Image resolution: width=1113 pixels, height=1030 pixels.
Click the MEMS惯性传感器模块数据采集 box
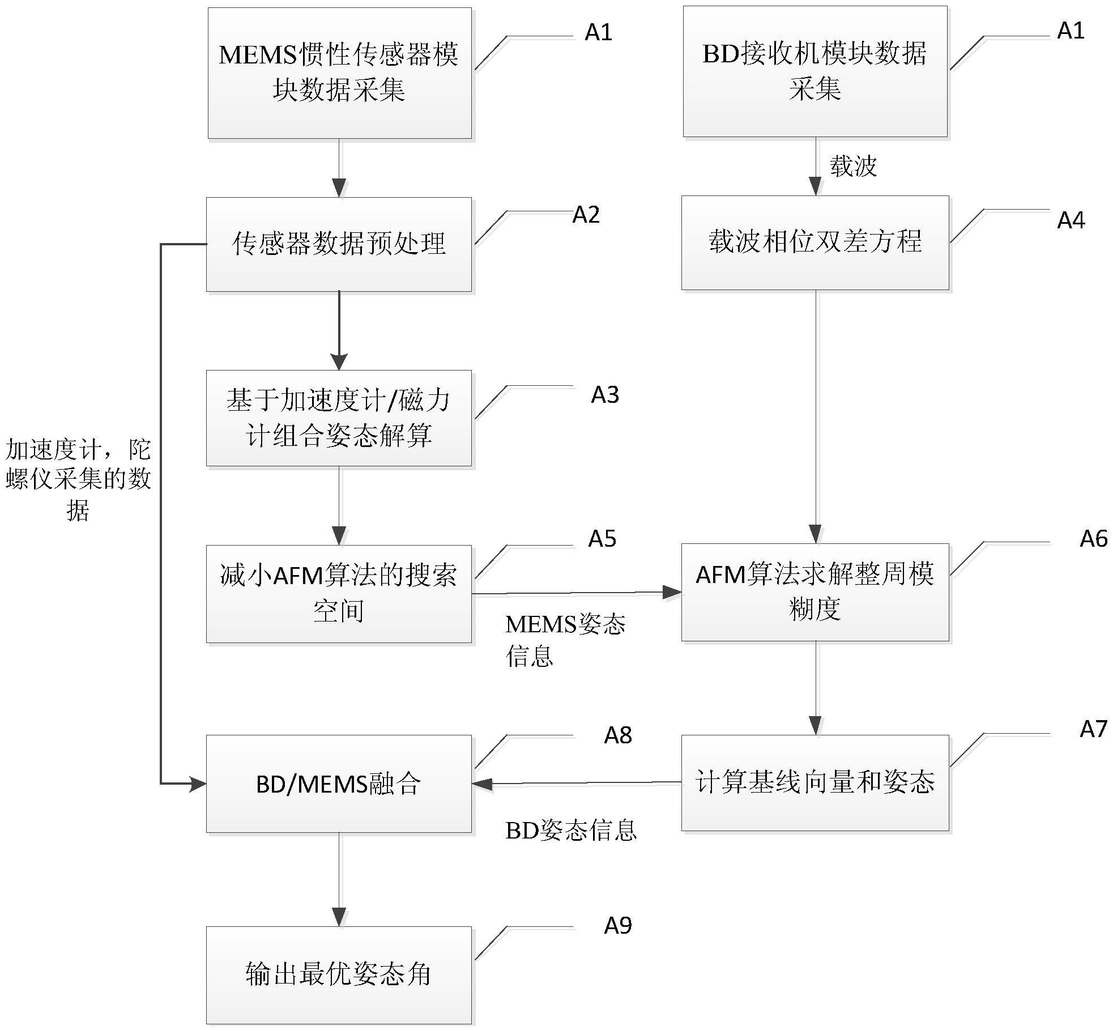339,73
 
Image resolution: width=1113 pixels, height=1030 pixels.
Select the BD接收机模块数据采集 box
815,71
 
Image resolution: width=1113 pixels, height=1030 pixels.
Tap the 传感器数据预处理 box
339,244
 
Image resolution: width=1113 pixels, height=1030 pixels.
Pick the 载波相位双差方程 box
815,242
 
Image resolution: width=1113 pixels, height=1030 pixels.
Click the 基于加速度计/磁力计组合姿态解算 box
339,418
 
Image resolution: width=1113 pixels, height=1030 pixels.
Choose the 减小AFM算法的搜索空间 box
339,594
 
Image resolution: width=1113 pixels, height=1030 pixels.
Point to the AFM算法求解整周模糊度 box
815,592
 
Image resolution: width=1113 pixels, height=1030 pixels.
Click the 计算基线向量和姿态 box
815,783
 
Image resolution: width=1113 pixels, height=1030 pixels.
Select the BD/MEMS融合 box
339,784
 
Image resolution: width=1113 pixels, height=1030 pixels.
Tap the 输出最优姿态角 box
339,974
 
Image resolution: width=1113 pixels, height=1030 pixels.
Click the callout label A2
586,215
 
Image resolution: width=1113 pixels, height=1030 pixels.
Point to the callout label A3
604,395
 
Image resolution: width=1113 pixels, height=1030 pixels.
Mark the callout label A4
1071,220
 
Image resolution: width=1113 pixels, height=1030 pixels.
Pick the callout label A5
602,539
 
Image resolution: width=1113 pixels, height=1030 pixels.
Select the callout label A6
1093,539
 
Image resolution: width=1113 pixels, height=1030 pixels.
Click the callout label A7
1093,729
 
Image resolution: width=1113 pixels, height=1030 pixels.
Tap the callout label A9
617,926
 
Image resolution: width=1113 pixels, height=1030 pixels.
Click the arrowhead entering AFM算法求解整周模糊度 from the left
672,593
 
